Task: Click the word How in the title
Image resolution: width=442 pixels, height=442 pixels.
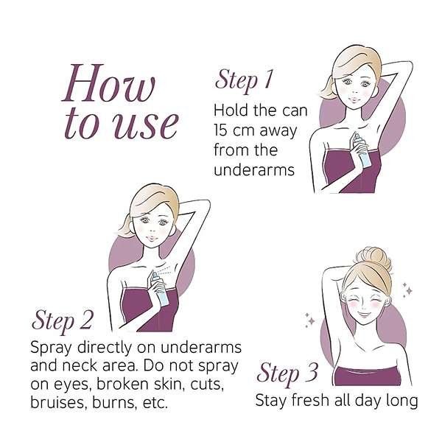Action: click(x=108, y=83)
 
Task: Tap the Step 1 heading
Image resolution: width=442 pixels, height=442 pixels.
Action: click(x=245, y=80)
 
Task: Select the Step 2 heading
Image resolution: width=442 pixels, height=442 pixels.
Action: click(x=63, y=320)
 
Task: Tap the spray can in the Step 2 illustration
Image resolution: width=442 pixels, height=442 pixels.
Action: click(x=160, y=288)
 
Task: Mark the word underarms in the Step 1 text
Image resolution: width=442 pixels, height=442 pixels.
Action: click(x=254, y=170)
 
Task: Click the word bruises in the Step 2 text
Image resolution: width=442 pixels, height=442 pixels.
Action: click(x=59, y=402)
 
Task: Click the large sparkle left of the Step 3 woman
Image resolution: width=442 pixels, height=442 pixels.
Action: click(x=311, y=320)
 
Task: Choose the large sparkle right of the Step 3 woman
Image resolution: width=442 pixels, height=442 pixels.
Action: click(x=408, y=290)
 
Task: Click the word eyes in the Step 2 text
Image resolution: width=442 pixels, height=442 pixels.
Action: click(x=70, y=385)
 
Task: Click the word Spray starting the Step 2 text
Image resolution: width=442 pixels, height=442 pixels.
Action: click(x=51, y=348)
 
